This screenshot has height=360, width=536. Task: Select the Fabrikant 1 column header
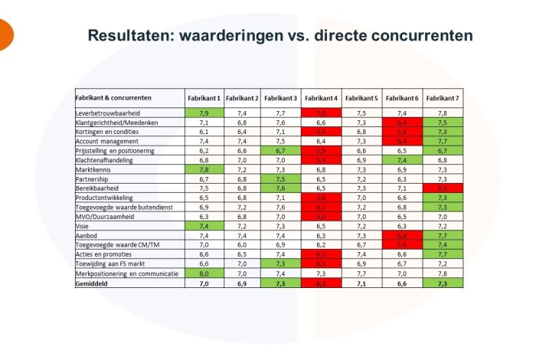204,98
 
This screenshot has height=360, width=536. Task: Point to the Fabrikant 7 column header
442,98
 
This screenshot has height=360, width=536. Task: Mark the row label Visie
83,226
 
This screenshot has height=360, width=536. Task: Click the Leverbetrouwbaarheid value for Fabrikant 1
204,113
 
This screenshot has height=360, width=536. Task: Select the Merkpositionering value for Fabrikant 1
204,273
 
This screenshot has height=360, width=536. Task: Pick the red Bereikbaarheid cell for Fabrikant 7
442,188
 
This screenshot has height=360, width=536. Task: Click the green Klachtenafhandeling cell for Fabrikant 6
402,160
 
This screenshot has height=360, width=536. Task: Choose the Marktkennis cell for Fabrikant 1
204,169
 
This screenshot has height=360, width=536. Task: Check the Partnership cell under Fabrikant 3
282,178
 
